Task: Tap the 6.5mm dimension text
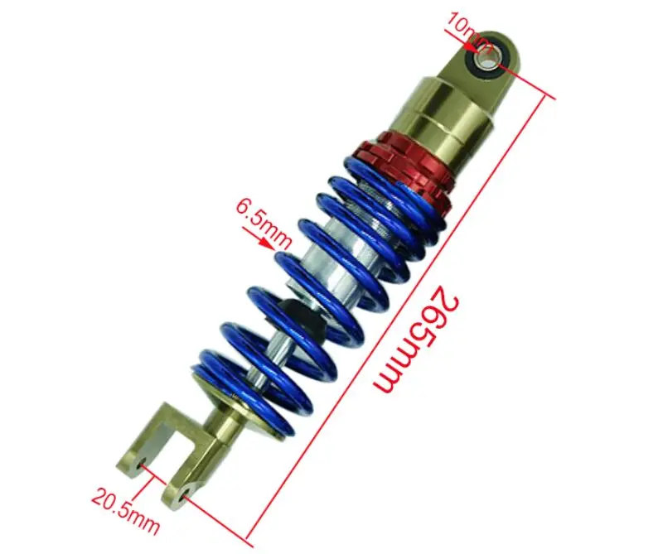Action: [x=264, y=224]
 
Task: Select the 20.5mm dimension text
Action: [x=126, y=512]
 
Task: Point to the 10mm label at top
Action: [x=467, y=29]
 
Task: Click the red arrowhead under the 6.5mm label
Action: [x=266, y=243]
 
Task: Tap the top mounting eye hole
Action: [x=486, y=59]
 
